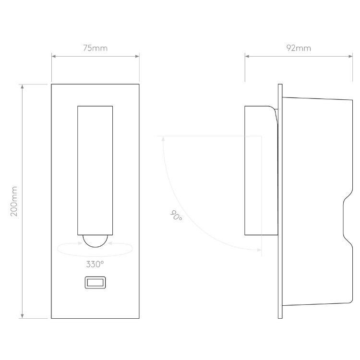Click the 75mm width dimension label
[x=95, y=48]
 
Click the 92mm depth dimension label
[x=298, y=48]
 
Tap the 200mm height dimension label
[x=14, y=201]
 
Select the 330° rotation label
[x=95, y=264]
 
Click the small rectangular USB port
[x=95, y=283]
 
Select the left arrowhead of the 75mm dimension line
[x=54, y=57]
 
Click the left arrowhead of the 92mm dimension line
[x=247, y=57]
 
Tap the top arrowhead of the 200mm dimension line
[x=22, y=87]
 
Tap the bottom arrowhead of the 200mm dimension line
[x=22, y=316]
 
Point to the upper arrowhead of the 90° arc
[x=163, y=139]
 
